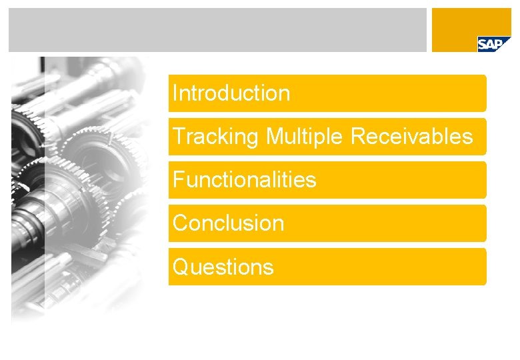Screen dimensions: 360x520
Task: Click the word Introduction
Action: (231, 93)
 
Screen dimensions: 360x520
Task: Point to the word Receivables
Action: (411, 137)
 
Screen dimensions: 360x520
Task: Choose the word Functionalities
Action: (244, 180)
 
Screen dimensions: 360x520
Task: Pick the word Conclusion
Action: (228, 223)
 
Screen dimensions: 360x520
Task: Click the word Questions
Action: (223, 267)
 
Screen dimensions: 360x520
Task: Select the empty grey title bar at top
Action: (217, 30)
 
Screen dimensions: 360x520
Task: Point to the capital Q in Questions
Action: (181, 267)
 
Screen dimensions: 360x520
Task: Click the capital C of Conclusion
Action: (181, 223)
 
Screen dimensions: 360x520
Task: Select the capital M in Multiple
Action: (274, 137)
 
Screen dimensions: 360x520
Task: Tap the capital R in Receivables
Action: (358, 137)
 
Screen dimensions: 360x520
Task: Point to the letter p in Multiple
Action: (321, 138)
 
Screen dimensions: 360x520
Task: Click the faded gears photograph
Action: (77, 187)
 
